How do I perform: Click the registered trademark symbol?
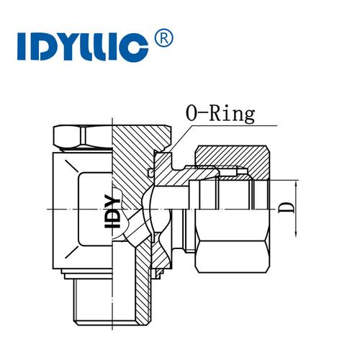164,38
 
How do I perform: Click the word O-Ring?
220,114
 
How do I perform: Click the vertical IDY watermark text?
112,211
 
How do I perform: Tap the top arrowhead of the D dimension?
296,184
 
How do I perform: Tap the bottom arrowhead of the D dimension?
296,233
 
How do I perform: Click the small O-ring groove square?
150,172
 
